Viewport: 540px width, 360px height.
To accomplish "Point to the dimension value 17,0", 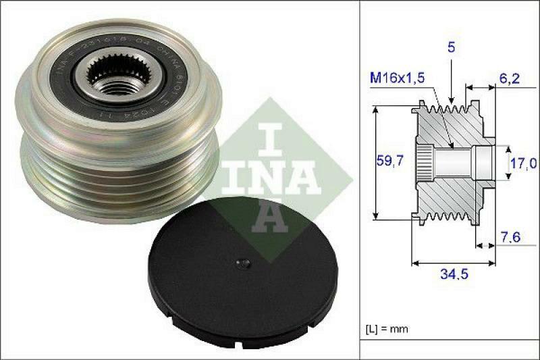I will (x=522, y=163).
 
